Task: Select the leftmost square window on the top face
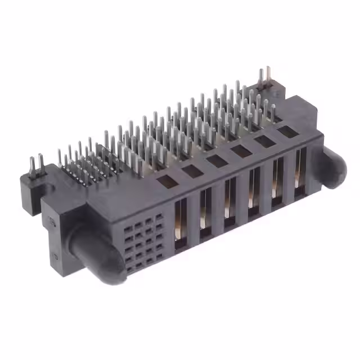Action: click(x=166, y=181)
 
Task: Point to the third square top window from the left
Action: click(x=217, y=160)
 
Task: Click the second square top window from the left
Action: click(x=192, y=170)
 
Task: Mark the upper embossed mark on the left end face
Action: click(x=53, y=222)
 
